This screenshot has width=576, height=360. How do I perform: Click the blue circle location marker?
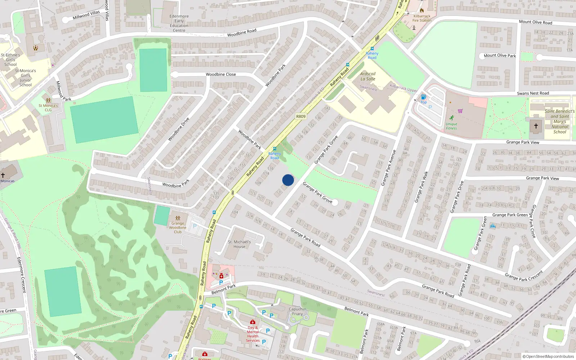(288, 180)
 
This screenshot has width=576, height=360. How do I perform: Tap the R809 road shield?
(301, 116)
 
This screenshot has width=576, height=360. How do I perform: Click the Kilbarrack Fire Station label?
(422, 18)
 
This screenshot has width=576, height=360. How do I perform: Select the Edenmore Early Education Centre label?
(179, 23)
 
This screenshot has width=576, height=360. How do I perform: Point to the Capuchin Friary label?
(297, 311)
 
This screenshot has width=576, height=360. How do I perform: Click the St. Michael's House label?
(239, 244)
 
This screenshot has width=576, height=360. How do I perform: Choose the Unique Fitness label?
(451, 126)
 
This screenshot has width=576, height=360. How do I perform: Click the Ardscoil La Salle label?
(368, 76)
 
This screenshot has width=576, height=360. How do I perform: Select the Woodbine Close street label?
(221, 75)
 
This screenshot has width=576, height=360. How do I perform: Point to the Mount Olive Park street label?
(500, 56)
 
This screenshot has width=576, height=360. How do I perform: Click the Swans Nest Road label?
(533, 93)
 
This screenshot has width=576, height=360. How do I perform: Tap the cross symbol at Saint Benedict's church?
(536, 126)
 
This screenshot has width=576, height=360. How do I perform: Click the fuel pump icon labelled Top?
(424, 97)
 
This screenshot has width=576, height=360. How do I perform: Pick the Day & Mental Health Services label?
(253, 334)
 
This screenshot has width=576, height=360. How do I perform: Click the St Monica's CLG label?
(48, 108)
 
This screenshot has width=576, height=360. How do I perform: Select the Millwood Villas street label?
(86, 15)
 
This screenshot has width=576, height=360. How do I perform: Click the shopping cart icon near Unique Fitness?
(460, 111)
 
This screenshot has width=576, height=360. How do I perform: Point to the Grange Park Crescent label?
(523, 276)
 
